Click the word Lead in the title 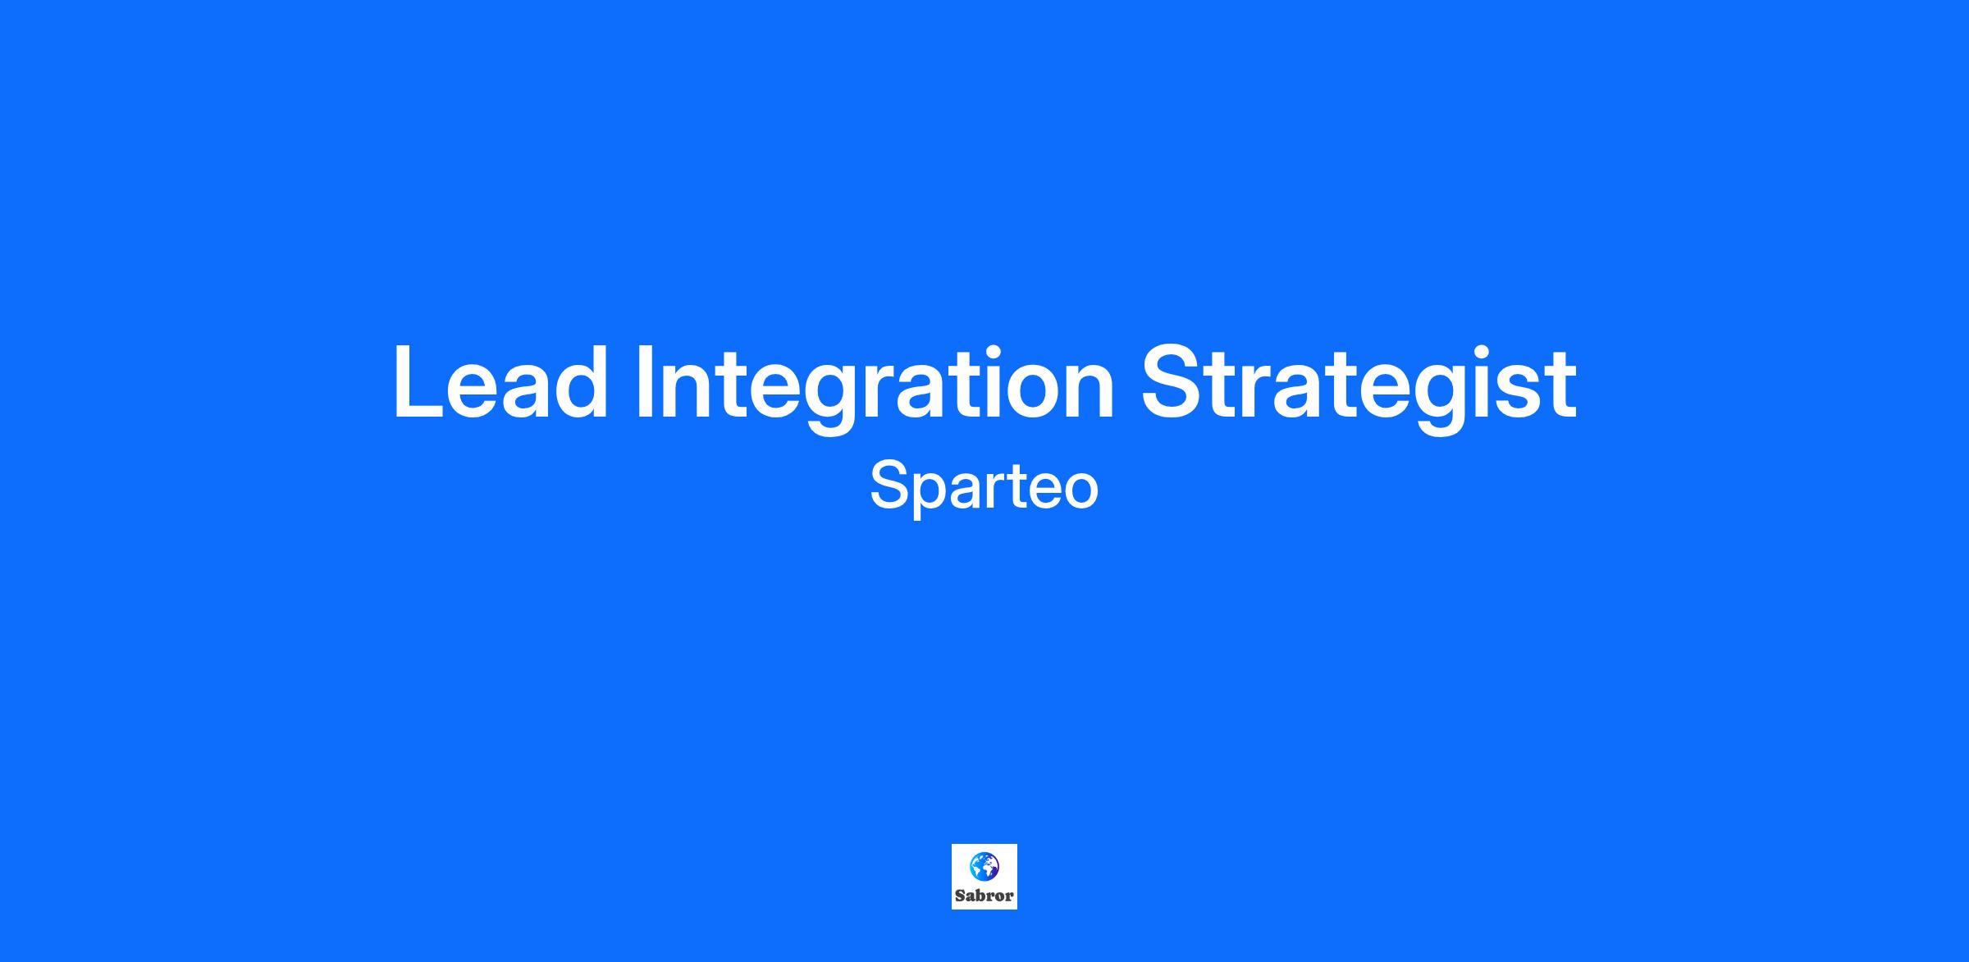click(x=500, y=381)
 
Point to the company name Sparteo click(x=984, y=487)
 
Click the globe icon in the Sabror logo click(x=984, y=866)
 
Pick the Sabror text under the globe click(x=984, y=896)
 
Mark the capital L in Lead click(x=417, y=383)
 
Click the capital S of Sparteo click(x=889, y=486)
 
